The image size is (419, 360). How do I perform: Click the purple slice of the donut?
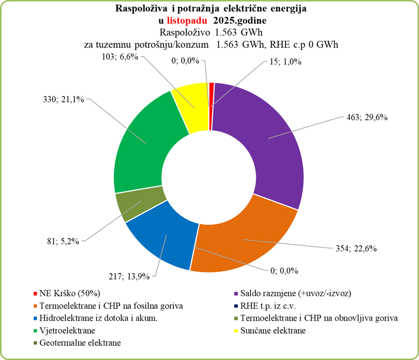click(265, 140)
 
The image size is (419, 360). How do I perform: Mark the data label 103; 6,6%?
click(118, 56)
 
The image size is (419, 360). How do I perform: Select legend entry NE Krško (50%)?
click(70, 294)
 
